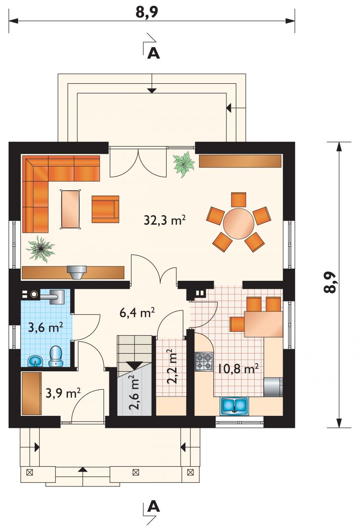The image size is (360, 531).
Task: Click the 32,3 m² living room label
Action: point(165,220)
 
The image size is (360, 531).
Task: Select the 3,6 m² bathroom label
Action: point(45,328)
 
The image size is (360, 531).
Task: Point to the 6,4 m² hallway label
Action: point(137,312)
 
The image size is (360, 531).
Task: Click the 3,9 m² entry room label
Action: point(63,393)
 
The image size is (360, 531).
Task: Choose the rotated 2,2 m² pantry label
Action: point(172,366)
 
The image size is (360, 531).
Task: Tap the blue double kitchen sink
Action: point(234,406)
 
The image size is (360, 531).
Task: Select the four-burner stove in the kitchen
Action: point(204,362)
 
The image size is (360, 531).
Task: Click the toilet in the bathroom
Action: point(56,356)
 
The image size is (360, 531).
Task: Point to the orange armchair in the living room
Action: point(105,209)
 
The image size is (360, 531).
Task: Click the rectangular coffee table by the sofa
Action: point(71,209)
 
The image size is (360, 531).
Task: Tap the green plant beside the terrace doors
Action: point(184,164)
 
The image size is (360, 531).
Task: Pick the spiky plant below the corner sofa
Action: point(40,249)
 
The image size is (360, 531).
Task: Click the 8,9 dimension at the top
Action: point(147,12)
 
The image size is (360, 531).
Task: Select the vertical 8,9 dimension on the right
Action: point(330,283)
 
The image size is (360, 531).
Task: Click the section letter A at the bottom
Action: point(154,507)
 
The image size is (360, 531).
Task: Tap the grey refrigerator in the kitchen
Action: point(273,387)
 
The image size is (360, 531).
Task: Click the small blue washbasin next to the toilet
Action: point(35,361)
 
